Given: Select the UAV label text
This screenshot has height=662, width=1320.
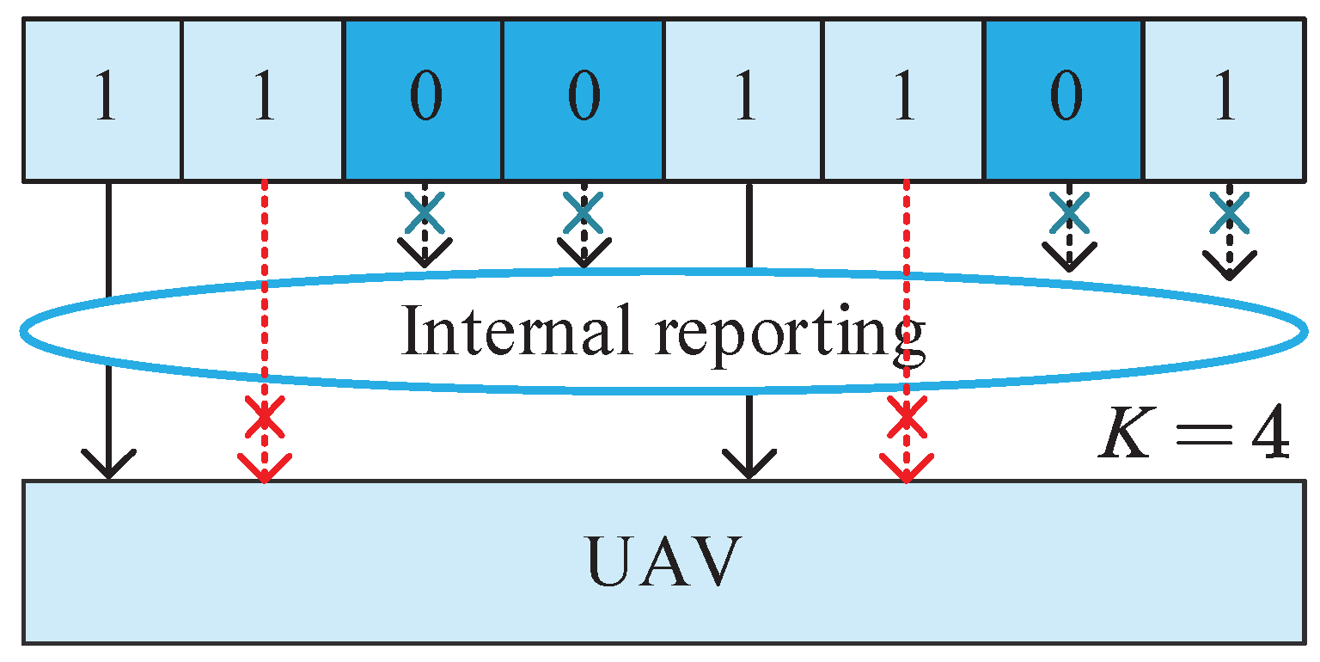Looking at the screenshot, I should pyautogui.click(x=663, y=563).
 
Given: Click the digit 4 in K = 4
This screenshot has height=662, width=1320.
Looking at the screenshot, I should pyautogui.click(x=1267, y=438).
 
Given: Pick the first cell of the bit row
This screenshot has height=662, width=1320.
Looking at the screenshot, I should pyautogui.click(x=103, y=101).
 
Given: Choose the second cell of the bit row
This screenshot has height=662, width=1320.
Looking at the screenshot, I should pyautogui.click(x=263, y=101).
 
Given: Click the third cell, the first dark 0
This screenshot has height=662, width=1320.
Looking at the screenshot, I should pyautogui.click(x=424, y=101).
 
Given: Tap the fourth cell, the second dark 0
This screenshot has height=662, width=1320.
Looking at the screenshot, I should pyautogui.click(x=584, y=101).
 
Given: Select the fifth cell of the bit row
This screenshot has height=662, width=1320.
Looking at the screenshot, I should pyautogui.click(x=743, y=101).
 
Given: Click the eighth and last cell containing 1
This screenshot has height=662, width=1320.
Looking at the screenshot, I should pyautogui.click(x=1224, y=101).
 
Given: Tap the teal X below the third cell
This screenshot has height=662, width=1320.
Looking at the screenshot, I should pyautogui.click(x=425, y=213).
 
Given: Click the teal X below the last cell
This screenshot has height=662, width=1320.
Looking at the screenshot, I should pyautogui.click(x=1229, y=213).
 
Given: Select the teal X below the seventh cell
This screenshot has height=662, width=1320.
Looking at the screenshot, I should pyautogui.click(x=1068, y=213).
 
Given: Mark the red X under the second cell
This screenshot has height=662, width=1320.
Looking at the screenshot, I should pyautogui.click(x=264, y=419).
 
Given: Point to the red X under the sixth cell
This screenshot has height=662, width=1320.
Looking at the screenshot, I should pyautogui.click(x=906, y=419).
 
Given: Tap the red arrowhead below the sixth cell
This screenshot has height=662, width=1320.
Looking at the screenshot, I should pyautogui.click(x=906, y=469).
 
